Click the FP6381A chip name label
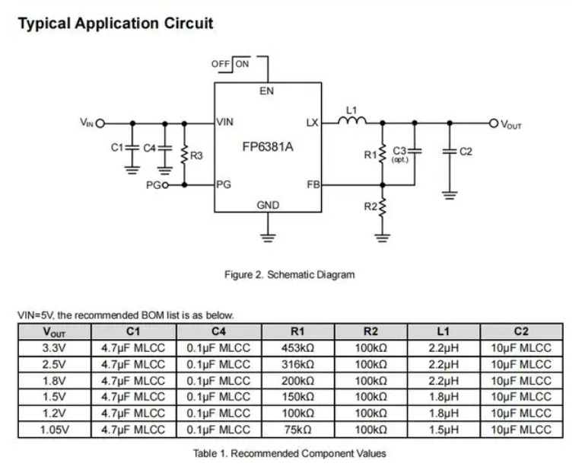tap(267, 145)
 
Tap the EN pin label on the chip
tap(267, 91)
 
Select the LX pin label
tap(312, 122)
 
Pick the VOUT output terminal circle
tap(493, 123)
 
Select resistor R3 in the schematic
tap(183, 155)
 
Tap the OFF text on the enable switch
tap(221, 64)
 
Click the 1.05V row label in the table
tap(54, 430)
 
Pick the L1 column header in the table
tap(444, 331)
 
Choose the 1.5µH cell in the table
tap(444, 430)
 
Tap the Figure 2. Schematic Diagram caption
tap(289, 274)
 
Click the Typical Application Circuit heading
tap(115, 23)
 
